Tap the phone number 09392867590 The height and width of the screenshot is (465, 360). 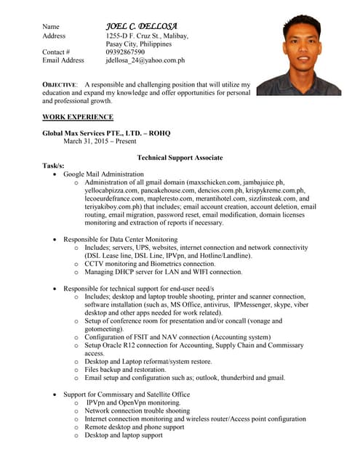(125, 52)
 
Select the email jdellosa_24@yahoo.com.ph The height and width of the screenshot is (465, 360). (145, 61)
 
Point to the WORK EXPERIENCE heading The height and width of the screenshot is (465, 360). (78, 117)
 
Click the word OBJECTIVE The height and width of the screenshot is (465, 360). (60, 85)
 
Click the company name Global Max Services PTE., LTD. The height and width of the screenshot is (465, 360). (103, 134)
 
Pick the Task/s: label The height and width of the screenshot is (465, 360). (55, 166)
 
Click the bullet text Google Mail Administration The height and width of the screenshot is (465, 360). (103, 174)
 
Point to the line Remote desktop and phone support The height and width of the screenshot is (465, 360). (134, 427)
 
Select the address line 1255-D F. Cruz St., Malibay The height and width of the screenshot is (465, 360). (147, 36)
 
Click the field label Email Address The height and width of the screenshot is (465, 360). (63, 61)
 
